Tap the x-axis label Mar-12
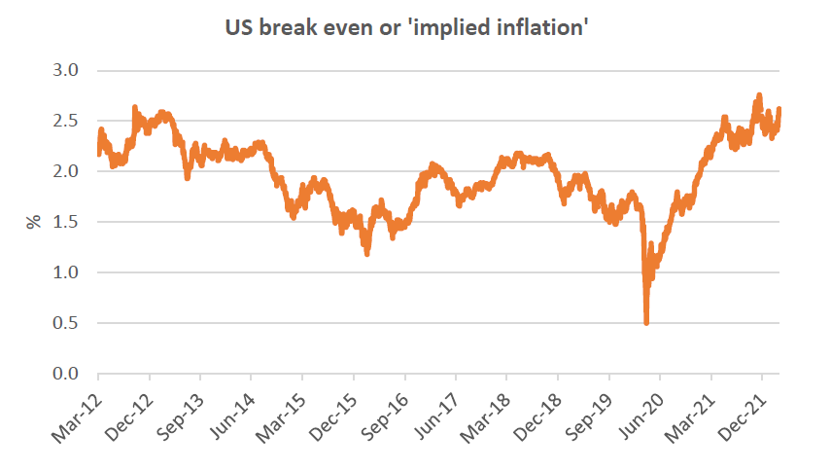[76, 406]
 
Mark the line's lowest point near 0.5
[646, 321]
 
